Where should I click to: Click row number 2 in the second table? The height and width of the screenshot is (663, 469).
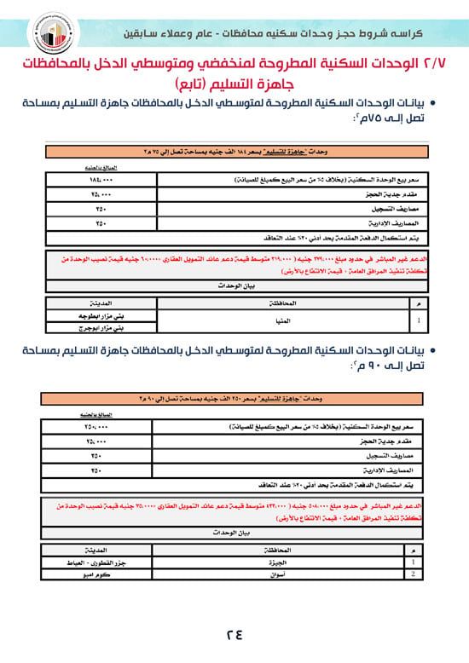click(414, 574)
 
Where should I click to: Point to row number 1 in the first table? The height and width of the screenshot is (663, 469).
click(414, 321)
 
